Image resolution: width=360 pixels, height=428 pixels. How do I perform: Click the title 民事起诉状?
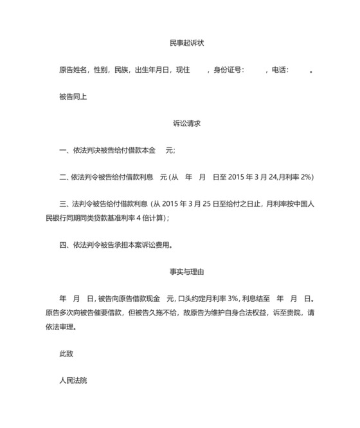(x=187, y=43)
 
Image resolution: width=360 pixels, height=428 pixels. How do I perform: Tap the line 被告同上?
(x=73, y=97)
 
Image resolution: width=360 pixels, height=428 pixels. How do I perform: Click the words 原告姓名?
(x=73, y=70)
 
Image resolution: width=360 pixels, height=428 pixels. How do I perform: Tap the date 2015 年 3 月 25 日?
(x=186, y=203)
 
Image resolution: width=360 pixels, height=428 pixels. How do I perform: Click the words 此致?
(x=66, y=353)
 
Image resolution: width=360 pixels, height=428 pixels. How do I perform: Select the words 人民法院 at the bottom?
(x=73, y=380)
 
